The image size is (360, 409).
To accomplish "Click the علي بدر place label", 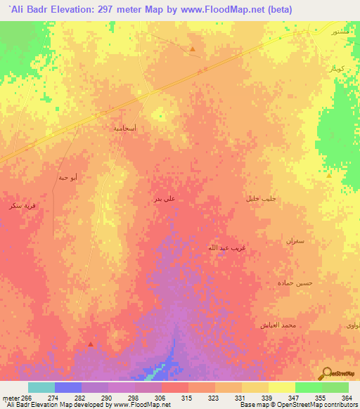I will coord(164,199).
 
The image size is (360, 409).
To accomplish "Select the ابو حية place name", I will coord(67,177).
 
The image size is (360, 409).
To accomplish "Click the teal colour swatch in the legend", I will coord(41,387).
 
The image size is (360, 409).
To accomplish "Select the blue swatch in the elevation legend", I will coord(67,387).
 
